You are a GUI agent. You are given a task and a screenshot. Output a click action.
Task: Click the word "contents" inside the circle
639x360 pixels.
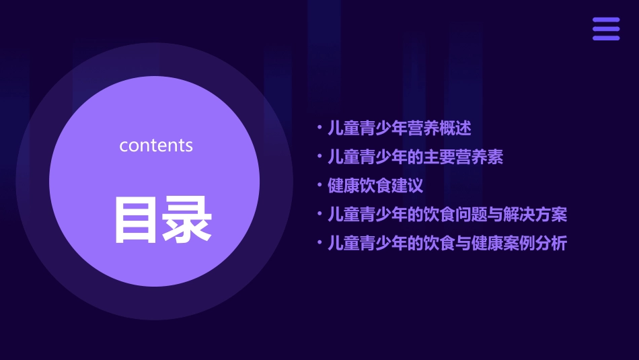(x=156, y=145)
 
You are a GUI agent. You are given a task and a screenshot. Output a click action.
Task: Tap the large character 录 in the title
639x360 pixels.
(x=188, y=219)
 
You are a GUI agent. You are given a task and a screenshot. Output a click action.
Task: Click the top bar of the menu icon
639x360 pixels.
(x=606, y=20)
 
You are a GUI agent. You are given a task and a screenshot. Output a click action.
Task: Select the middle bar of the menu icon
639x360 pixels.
(x=606, y=29)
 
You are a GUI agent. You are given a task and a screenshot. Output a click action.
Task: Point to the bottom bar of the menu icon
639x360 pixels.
(x=606, y=38)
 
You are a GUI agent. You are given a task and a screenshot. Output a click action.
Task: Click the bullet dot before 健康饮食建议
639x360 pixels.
(x=320, y=186)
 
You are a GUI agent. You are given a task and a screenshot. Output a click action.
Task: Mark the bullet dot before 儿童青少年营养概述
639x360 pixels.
(x=320, y=128)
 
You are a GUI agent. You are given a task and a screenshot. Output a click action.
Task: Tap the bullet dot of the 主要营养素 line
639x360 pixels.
(x=320, y=157)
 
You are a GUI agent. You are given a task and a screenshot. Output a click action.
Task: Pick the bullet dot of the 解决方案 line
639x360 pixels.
(x=320, y=215)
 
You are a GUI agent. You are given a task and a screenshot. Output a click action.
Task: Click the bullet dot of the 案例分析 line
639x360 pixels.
(x=320, y=244)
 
